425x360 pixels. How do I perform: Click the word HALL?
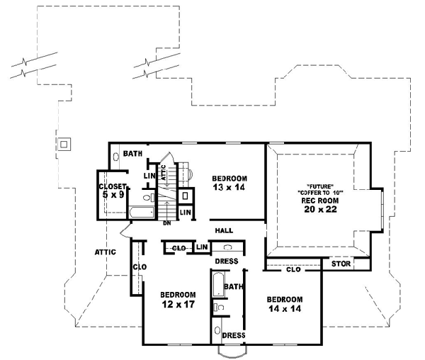click(225, 230)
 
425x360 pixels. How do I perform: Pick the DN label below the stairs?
click(167, 223)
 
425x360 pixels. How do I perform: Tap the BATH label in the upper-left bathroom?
click(132, 153)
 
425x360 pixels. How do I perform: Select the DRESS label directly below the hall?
click(227, 261)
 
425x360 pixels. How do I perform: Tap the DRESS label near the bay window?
click(233, 335)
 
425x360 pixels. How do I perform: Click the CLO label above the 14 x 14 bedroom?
click(293, 269)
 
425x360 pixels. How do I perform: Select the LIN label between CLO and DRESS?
click(201, 247)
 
